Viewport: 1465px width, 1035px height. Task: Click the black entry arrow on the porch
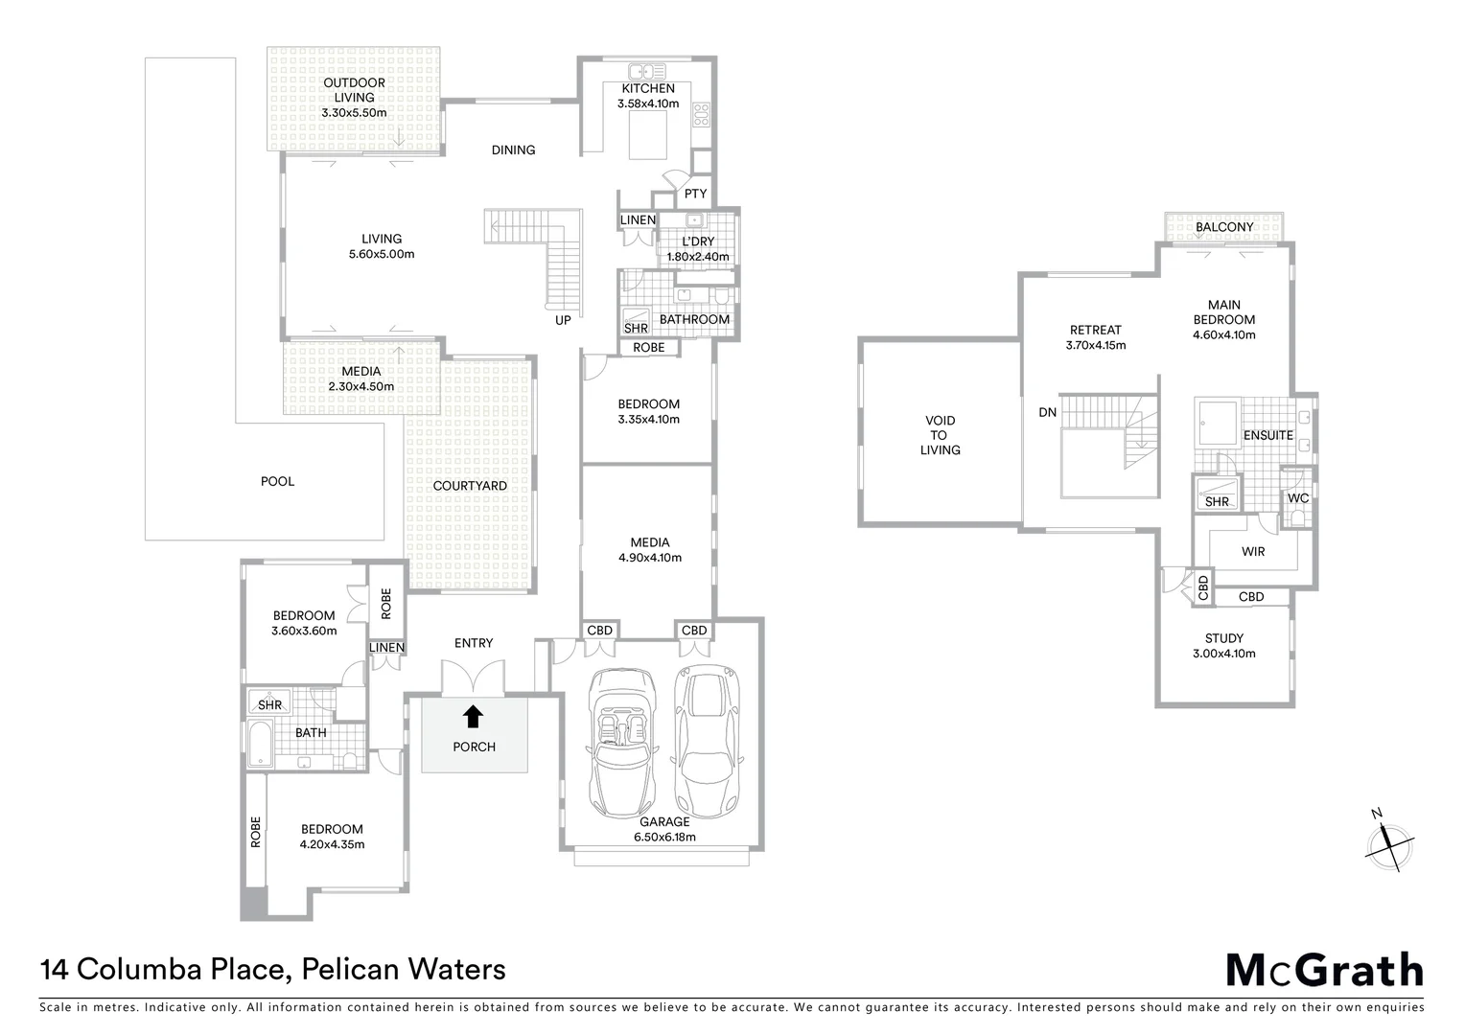point(473,716)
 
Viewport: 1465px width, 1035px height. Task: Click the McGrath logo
point(1324,970)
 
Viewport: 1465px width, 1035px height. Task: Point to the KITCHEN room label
point(648,88)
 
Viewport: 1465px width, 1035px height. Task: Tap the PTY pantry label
point(695,194)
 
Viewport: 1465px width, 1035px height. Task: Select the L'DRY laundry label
point(698,241)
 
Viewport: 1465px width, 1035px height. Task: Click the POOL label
point(278,481)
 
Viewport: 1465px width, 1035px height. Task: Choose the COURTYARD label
point(470,486)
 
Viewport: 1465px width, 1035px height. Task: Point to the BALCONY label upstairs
point(1224,227)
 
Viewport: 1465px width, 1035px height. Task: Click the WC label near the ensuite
point(1298,498)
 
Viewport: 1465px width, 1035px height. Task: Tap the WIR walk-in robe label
point(1253,551)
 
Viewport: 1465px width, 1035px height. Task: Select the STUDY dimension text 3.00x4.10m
point(1223,654)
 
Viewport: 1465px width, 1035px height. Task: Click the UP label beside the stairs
point(563,320)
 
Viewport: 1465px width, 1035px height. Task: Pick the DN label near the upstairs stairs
point(1047,412)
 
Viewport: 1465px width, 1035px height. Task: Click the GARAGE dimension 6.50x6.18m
point(664,837)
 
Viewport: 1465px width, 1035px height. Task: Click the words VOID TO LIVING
point(940,435)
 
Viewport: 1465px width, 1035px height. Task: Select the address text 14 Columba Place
point(163,970)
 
